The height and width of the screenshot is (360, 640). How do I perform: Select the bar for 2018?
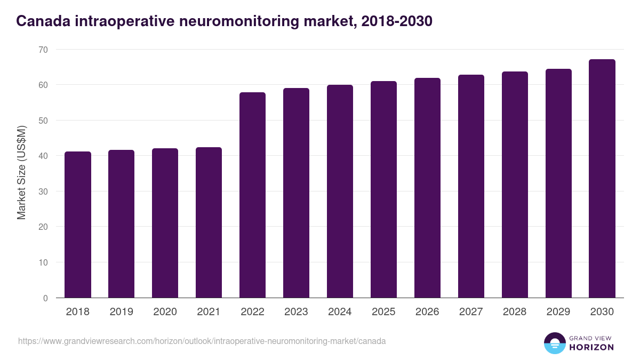point(78,225)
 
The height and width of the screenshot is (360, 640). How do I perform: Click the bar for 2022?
point(252,195)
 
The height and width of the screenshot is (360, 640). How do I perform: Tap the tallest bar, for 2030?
point(602,179)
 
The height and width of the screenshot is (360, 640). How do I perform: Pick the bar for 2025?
point(383,189)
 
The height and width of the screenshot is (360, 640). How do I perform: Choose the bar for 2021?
point(209,222)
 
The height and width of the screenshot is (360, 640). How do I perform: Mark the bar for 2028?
point(515,185)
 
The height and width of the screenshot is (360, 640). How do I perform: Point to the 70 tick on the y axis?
point(43,50)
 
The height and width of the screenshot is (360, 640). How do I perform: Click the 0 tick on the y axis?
point(45,298)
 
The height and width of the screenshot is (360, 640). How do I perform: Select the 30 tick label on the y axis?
point(43,191)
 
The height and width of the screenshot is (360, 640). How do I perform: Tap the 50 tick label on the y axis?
point(43,121)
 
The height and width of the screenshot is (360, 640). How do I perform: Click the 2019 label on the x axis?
point(122,312)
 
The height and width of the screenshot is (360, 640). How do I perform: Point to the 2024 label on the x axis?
point(340,312)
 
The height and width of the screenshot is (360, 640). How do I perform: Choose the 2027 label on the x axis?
point(471,312)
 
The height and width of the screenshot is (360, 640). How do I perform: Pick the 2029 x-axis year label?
point(558,312)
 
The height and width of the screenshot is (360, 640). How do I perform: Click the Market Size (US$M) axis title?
point(21,172)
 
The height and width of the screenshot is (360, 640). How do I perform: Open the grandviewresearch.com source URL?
point(202,341)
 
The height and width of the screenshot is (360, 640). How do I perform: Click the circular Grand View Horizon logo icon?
point(554,343)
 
